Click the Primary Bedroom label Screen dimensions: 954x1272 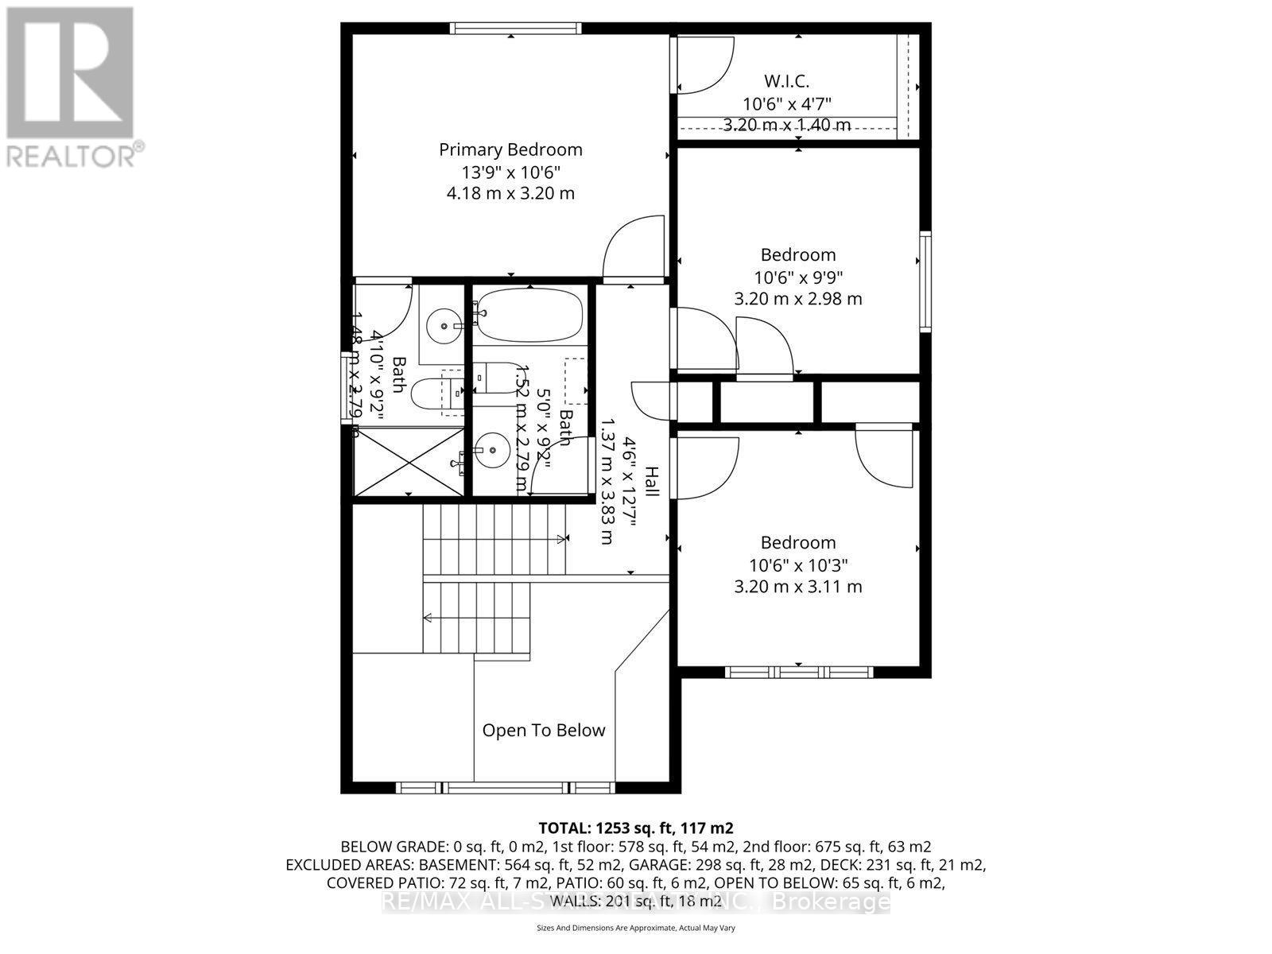(510, 149)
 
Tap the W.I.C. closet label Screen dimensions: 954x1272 (786, 81)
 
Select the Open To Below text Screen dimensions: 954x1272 (544, 730)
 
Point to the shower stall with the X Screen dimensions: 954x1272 (407, 462)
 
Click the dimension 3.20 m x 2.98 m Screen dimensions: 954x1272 (797, 299)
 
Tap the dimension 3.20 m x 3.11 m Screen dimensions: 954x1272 (797, 587)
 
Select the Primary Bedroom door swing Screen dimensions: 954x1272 (634, 250)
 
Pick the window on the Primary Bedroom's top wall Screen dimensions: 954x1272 (515, 29)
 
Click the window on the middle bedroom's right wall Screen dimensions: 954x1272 (925, 281)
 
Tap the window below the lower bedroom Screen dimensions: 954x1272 (799, 673)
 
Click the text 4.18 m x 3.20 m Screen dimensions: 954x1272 (510, 192)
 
